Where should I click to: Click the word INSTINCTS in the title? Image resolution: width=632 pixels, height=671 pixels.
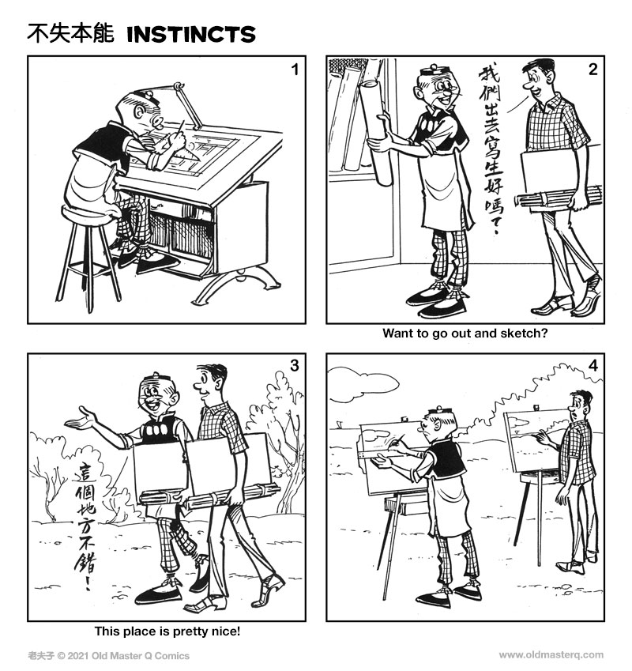pos(190,34)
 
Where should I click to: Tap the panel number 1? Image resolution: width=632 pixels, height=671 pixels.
pos(294,70)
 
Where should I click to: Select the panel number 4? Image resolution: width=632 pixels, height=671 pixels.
pos(592,366)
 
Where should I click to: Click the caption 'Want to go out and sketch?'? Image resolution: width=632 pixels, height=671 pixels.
pos(465,334)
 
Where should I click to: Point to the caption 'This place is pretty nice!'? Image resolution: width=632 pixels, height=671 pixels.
pos(167,631)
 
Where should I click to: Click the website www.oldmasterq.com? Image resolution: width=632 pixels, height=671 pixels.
pos(551,654)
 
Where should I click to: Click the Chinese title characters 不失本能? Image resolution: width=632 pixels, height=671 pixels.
pos(70,34)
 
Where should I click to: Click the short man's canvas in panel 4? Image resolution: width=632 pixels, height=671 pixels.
pos(387,458)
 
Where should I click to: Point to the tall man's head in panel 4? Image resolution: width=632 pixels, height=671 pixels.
pos(581,405)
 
